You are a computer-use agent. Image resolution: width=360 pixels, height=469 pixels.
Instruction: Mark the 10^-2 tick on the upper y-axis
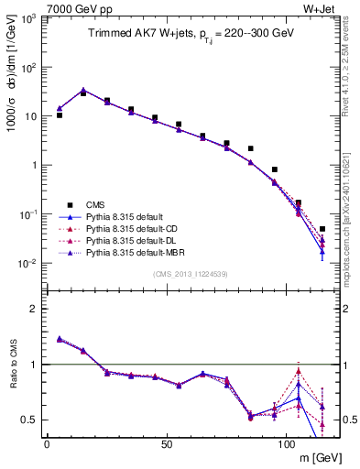coord(28,264)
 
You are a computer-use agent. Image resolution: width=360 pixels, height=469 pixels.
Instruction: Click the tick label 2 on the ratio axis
coord(34,310)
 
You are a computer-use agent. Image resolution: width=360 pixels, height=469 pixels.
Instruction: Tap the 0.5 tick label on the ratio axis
coord(30,420)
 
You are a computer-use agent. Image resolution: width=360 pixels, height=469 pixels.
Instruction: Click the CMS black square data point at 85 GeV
coord(250,148)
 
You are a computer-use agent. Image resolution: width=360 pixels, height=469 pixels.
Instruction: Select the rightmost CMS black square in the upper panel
coord(322,229)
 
